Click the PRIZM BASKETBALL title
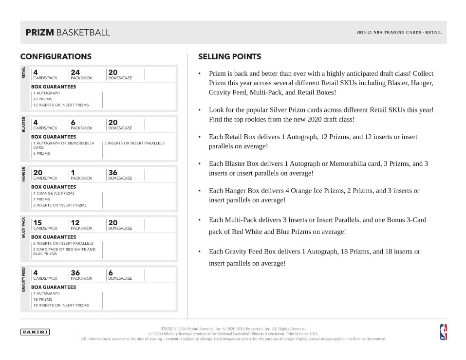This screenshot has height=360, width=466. click(x=68, y=33)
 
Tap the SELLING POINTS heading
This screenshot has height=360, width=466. click(x=229, y=56)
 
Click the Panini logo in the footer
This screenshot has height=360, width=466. click(x=35, y=332)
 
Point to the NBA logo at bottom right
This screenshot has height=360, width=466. click(x=443, y=332)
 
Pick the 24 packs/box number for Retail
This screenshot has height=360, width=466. click(x=75, y=72)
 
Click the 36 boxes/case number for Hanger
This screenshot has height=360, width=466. click(x=113, y=173)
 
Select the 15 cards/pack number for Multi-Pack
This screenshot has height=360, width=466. click(x=37, y=223)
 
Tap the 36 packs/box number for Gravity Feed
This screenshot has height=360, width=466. click(x=75, y=273)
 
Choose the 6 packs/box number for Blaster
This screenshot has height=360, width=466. click(x=73, y=123)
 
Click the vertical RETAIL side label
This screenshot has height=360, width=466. click(x=23, y=72)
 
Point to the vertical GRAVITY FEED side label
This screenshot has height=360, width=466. click(x=23, y=279)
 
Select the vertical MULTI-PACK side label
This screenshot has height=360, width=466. click(x=23, y=227)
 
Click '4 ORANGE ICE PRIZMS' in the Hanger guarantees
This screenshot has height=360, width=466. click(x=54, y=193)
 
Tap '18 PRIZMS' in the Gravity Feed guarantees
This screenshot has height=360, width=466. click(x=42, y=299)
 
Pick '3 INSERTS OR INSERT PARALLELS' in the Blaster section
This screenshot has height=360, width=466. click(x=134, y=143)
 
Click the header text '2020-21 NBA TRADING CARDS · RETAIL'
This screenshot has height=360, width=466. click(x=399, y=33)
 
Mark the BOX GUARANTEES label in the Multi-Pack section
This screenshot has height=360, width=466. click(x=54, y=237)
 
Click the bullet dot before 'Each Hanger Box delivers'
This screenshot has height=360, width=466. click(x=200, y=191)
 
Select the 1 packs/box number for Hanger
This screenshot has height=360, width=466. click(x=73, y=173)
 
